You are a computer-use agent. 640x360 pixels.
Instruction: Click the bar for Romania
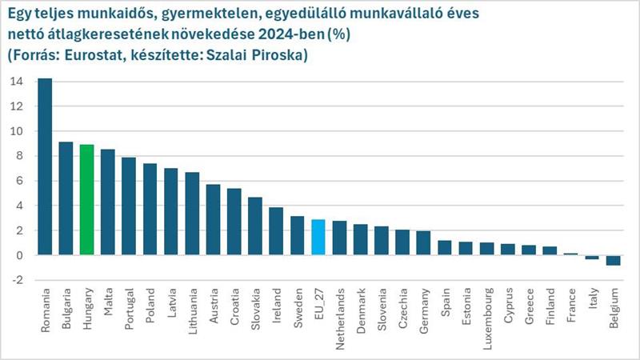point(45,167)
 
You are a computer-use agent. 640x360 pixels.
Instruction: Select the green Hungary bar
point(87,200)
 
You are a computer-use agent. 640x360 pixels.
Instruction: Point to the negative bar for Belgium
point(613,260)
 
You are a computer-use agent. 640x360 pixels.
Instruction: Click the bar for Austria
point(213,220)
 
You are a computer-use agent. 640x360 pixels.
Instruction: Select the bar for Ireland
point(276,231)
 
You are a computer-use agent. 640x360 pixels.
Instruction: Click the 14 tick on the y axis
point(17,82)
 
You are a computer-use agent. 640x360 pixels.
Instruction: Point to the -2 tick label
point(17,281)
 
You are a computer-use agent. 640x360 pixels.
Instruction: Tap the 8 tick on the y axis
point(19,156)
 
